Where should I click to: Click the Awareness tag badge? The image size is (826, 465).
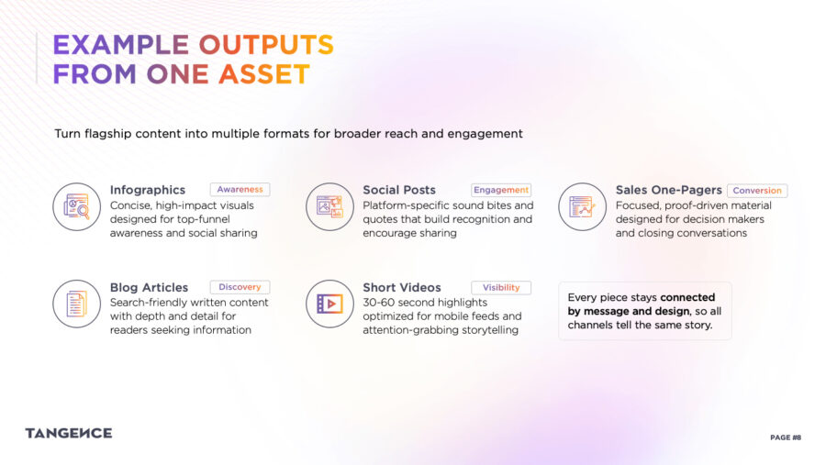[x=240, y=190]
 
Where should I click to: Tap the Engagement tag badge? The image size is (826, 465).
[x=501, y=190]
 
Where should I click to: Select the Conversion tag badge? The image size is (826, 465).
[x=757, y=191]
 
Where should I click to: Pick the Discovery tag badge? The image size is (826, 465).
[x=240, y=287]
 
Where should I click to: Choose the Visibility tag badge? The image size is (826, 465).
[x=501, y=288]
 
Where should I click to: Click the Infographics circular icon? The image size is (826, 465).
[x=76, y=207]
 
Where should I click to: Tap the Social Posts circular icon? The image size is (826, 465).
[x=329, y=207]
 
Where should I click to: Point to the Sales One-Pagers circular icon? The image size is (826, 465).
[x=583, y=207]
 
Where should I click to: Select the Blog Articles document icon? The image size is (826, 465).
[x=76, y=304]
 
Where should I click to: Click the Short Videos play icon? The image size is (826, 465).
[x=329, y=304]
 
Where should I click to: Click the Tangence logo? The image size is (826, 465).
[x=69, y=434]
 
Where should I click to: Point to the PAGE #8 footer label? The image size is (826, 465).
[x=786, y=437]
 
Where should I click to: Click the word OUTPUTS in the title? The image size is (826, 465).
[x=266, y=45]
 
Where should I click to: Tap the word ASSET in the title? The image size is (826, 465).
[x=264, y=74]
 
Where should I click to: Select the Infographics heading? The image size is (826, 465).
[x=148, y=190]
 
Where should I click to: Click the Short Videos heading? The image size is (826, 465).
[x=402, y=288]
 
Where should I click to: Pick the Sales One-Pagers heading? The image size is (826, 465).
[x=668, y=190]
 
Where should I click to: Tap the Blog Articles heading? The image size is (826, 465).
[x=149, y=288]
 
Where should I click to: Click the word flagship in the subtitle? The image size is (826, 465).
[x=108, y=134]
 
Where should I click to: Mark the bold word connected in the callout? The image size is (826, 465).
[x=687, y=297]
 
